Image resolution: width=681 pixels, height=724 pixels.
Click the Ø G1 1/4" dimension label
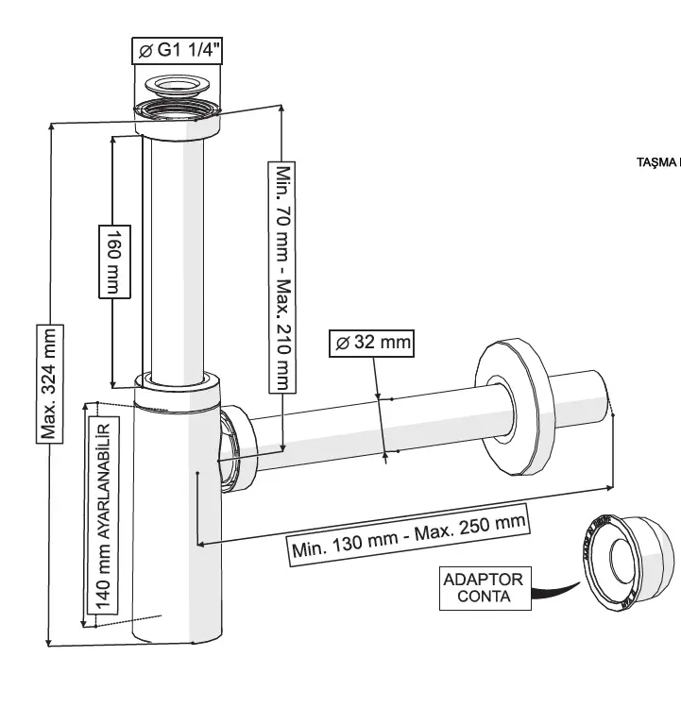[176, 52]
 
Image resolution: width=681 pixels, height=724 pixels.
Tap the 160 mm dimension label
[112, 261]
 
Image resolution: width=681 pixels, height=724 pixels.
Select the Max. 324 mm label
[50, 383]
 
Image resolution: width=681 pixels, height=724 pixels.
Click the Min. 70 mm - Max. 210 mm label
[283, 278]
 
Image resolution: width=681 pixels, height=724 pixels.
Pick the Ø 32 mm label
[371, 342]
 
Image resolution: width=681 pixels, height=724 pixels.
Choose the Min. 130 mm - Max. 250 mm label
[408, 536]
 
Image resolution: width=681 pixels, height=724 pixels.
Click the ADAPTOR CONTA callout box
[483, 587]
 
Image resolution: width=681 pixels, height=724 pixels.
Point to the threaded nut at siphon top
[177, 122]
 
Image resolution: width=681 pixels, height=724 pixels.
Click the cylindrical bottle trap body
[177, 529]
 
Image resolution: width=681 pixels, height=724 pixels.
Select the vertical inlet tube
[175, 255]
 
